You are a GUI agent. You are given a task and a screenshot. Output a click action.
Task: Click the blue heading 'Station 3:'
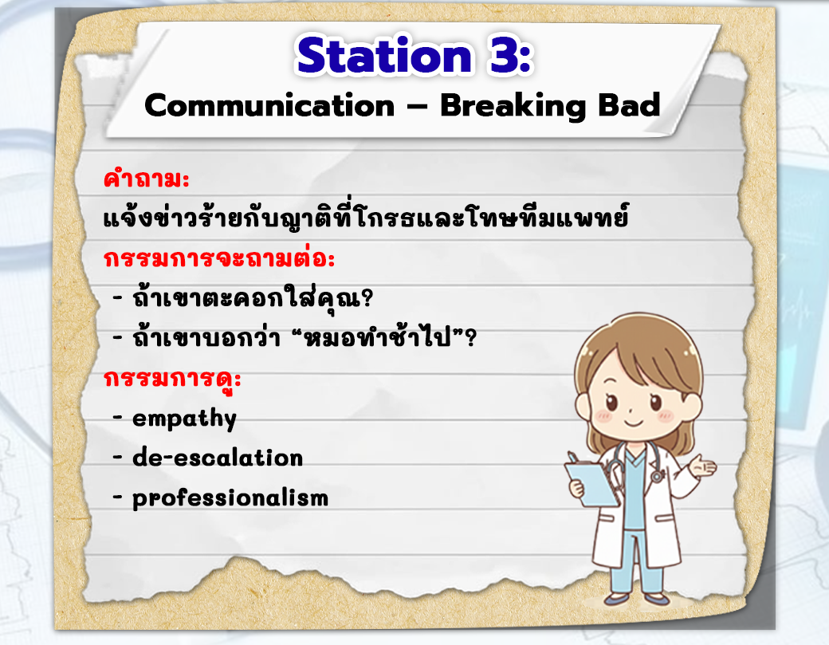(414, 55)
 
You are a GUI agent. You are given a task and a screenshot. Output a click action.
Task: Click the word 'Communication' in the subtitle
(269, 106)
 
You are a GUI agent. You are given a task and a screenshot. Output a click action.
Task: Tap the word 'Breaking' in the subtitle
(513, 106)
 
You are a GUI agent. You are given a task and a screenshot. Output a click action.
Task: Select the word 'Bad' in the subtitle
(629, 104)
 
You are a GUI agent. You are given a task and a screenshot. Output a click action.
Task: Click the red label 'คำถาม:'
(147, 179)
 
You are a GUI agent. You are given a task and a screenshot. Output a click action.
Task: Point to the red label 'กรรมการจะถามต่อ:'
(219, 258)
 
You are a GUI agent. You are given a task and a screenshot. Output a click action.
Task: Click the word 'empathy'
(184, 419)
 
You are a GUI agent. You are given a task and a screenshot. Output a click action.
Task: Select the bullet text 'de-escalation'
(218, 458)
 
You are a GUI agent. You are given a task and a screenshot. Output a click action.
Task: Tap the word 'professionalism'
(230, 498)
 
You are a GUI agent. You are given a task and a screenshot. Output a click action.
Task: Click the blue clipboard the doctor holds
(592, 484)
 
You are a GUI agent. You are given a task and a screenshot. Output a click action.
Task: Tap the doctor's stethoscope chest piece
(657, 477)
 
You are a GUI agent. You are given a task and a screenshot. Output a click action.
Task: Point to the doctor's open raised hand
(703, 467)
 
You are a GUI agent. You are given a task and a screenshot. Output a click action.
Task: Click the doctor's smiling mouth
(634, 423)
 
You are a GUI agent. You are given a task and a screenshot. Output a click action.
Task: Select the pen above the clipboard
(572, 458)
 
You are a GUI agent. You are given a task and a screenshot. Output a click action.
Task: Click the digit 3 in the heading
(503, 55)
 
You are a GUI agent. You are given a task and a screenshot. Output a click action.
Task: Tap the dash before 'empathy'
(117, 418)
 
